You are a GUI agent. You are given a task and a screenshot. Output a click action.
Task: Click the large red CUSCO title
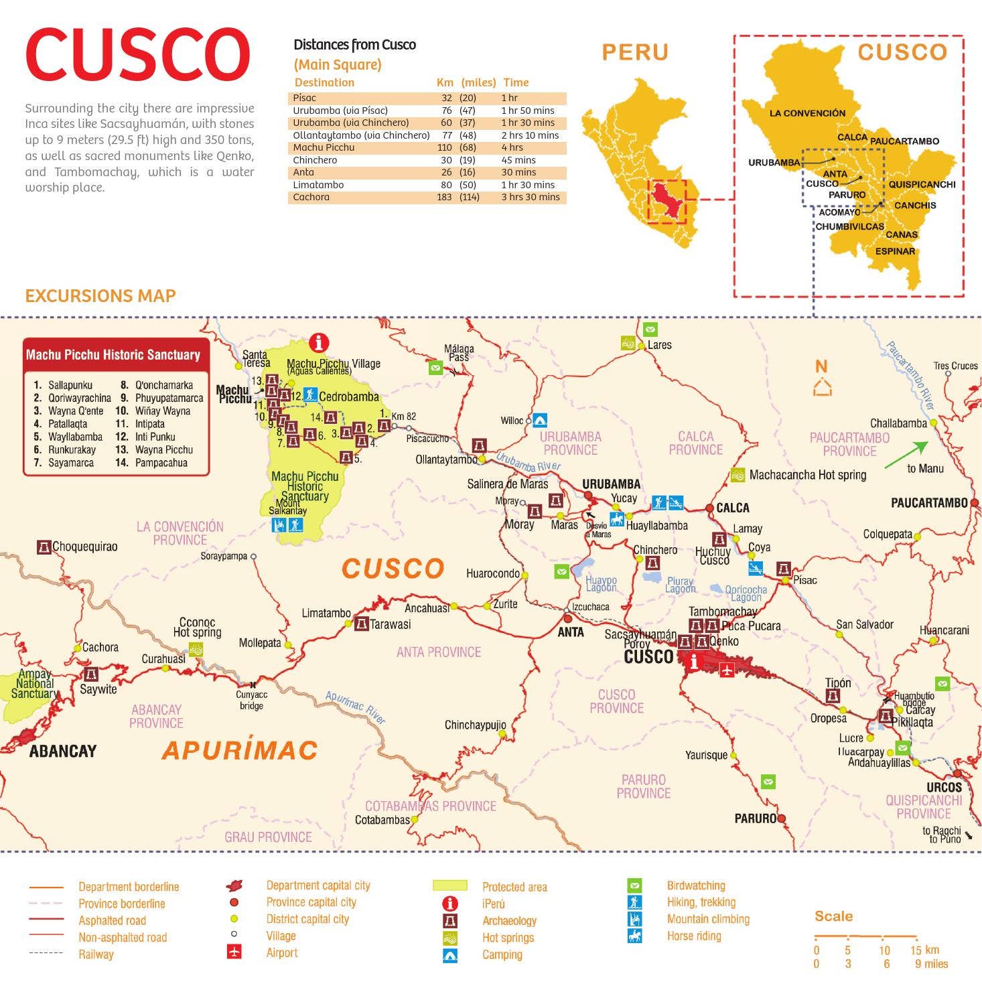pyautogui.click(x=137, y=55)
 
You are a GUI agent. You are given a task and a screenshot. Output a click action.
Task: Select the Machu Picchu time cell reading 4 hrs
pyautogui.click(x=512, y=147)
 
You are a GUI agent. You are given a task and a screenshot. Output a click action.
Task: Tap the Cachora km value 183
pyautogui.click(x=444, y=197)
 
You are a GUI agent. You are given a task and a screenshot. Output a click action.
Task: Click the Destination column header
pyautogui.click(x=324, y=82)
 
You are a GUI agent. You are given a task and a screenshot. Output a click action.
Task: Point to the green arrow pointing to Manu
pyautogui.click(x=906, y=455)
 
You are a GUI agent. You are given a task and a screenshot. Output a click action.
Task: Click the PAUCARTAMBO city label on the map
pyautogui.click(x=928, y=502)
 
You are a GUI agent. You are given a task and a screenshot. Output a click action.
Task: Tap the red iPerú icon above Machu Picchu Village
pyautogui.click(x=318, y=342)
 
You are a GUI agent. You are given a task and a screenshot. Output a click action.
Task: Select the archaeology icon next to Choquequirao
pyautogui.click(x=44, y=547)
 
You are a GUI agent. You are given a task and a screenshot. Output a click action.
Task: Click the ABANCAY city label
pyautogui.click(x=63, y=751)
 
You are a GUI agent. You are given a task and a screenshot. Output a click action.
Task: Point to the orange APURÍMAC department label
pyautogui.click(x=239, y=750)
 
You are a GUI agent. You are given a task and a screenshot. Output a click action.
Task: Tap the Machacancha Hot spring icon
pyautogui.click(x=738, y=475)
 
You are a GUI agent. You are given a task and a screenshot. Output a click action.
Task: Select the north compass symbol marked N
pyautogui.click(x=821, y=378)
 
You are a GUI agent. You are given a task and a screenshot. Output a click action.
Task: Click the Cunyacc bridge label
pyautogui.click(x=251, y=701)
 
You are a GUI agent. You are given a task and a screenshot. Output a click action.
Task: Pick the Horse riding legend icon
pyautogui.click(x=634, y=936)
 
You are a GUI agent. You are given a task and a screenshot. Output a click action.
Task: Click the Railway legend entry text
pyautogui.click(x=96, y=954)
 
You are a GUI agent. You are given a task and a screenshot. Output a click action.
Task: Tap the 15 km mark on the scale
pyautogui.click(x=916, y=950)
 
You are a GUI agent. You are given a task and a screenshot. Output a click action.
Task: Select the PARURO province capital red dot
pyautogui.click(x=781, y=818)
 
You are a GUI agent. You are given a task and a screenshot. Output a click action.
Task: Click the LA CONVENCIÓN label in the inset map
pyautogui.click(x=806, y=113)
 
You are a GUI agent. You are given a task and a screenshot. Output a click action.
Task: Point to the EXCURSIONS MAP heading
pyautogui.click(x=100, y=295)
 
